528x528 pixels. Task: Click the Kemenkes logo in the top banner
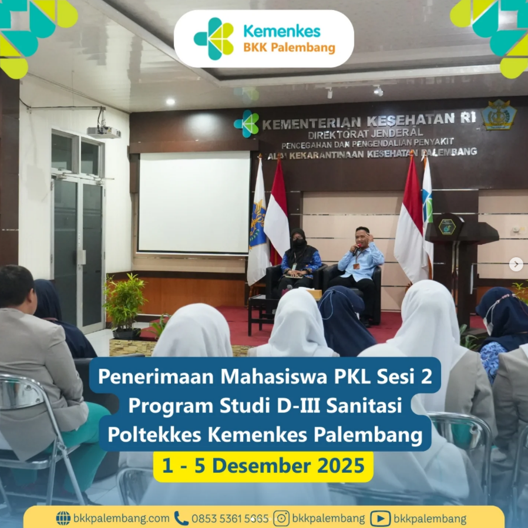tap(214, 39)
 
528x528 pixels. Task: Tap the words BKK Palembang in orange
tap(290, 48)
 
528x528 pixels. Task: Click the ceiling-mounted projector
tap(104, 132)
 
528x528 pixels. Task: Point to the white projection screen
tap(194, 203)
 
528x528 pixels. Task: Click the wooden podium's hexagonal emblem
tap(447, 227)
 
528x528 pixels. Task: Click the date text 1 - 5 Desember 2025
tap(263, 466)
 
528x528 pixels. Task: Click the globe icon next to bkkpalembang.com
tap(63, 518)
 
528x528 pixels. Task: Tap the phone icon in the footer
tap(181, 518)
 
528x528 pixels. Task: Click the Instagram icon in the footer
tap(281, 518)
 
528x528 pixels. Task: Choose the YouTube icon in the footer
tap(380, 519)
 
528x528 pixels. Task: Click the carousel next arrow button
tap(516, 264)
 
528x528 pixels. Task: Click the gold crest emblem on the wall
tap(499, 115)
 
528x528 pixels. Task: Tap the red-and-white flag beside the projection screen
tap(277, 212)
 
